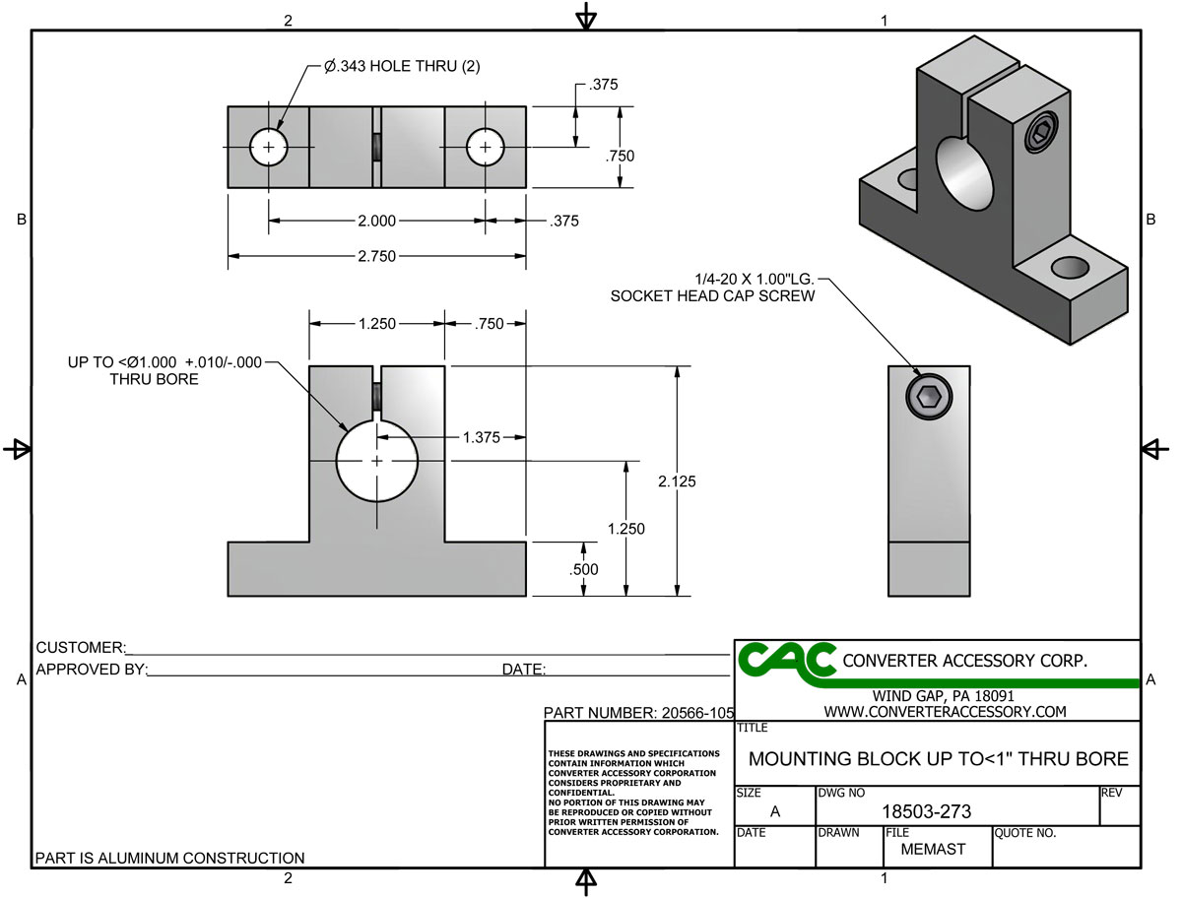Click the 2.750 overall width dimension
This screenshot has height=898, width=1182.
pyautogui.click(x=376, y=256)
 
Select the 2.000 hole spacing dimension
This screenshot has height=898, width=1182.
pyautogui.click(x=376, y=221)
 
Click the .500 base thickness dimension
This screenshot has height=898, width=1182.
pyautogui.click(x=584, y=569)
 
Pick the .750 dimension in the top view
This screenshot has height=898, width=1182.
pyautogui.click(x=621, y=156)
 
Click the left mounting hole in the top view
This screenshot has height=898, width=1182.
pyautogui.click(x=268, y=148)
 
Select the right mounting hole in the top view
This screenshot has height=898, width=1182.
pyautogui.click(x=485, y=148)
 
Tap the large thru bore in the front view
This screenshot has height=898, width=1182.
pyautogui.click(x=377, y=461)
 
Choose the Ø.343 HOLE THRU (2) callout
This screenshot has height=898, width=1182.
pyautogui.click(x=402, y=67)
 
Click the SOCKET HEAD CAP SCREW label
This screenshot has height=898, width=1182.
pyautogui.click(x=712, y=295)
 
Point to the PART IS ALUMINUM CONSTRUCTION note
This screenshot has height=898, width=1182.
pyautogui.click(x=170, y=858)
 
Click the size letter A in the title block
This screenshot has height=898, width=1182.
pyautogui.click(x=775, y=811)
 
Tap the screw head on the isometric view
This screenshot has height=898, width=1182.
pyautogui.click(x=1040, y=133)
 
